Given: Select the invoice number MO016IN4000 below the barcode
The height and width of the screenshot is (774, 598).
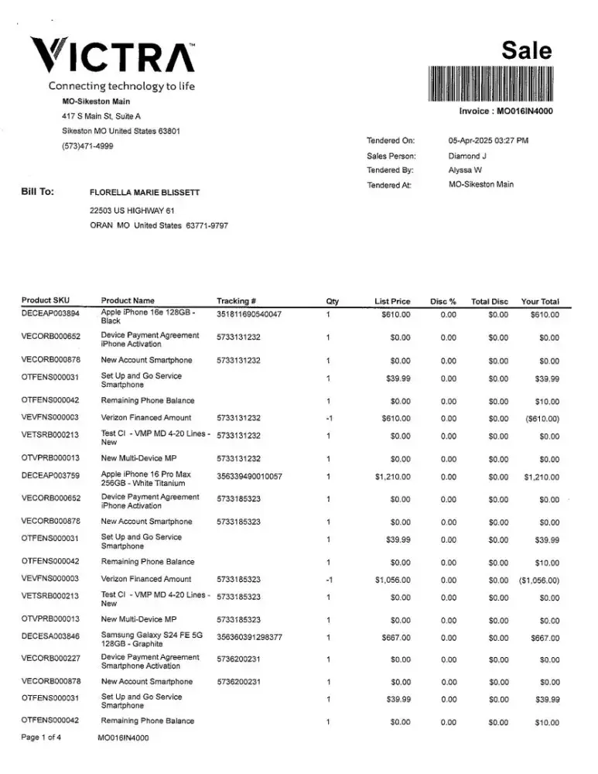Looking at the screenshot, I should (x=506, y=111).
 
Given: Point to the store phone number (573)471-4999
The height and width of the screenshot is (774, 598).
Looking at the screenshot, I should (x=87, y=146).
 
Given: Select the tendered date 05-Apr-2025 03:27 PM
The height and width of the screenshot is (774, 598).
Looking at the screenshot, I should (x=488, y=141).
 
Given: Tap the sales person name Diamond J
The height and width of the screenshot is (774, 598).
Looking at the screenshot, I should (x=467, y=156).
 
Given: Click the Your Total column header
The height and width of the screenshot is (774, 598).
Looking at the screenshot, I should (x=540, y=301).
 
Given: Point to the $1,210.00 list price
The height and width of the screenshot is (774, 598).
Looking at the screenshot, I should (x=392, y=478).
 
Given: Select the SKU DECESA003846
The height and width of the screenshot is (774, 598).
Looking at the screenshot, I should (x=50, y=637).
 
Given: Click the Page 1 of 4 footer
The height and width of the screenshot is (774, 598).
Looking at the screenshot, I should (x=42, y=738).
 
